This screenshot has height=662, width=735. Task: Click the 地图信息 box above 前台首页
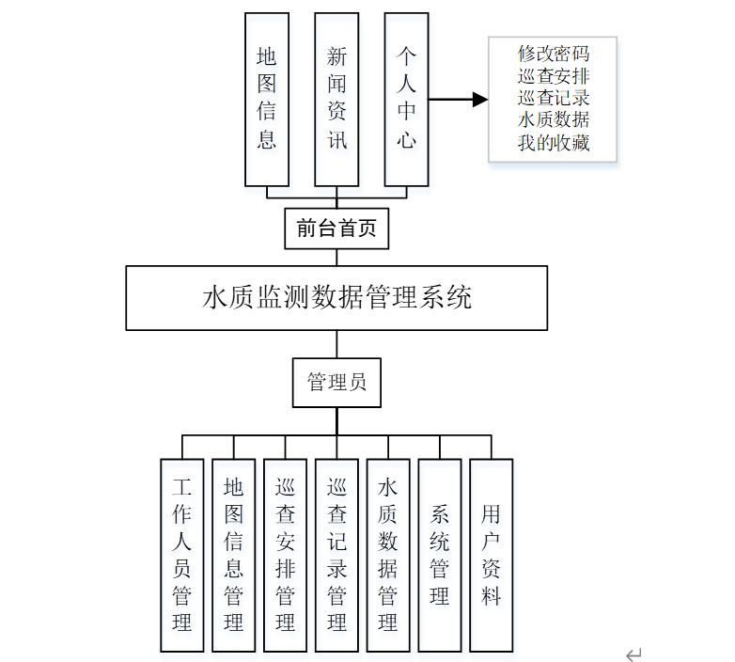[x=267, y=99]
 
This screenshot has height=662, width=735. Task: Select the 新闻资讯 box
[x=336, y=99]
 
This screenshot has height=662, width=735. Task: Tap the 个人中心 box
[x=406, y=99]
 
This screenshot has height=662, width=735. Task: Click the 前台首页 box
[x=336, y=229]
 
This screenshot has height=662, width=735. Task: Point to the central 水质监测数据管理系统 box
[x=336, y=298]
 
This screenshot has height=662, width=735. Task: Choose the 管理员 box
[x=336, y=383]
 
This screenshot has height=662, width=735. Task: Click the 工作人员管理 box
[x=182, y=555]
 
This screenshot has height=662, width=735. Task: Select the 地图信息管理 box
[x=234, y=555]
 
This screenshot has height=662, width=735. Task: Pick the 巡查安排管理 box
[x=286, y=555]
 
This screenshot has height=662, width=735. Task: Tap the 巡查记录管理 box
[x=336, y=555]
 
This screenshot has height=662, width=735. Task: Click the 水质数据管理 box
[x=388, y=555]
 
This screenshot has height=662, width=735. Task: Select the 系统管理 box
[x=440, y=555]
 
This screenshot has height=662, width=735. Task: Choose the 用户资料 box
[x=492, y=555]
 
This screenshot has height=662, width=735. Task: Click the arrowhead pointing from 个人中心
[x=479, y=100]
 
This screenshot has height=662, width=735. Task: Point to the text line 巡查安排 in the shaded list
[x=553, y=75]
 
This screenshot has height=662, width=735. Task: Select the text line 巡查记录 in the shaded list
[x=553, y=98]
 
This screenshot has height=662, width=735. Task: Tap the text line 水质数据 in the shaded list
[x=553, y=120]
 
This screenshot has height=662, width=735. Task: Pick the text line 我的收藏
[x=553, y=143]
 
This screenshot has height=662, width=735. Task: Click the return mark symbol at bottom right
[x=634, y=654]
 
